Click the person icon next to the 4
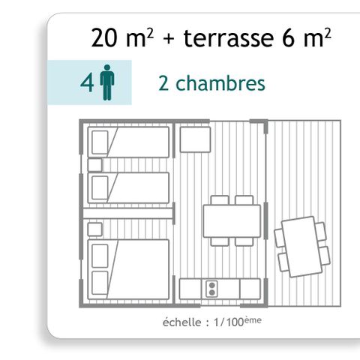(107, 82)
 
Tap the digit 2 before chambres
(164, 83)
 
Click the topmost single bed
(129, 142)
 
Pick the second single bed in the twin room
(129, 187)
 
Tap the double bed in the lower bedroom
(129, 269)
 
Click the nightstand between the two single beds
(94, 165)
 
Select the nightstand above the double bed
(94, 226)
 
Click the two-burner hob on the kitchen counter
(211, 288)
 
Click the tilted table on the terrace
(301, 246)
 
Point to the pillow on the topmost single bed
(100, 142)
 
